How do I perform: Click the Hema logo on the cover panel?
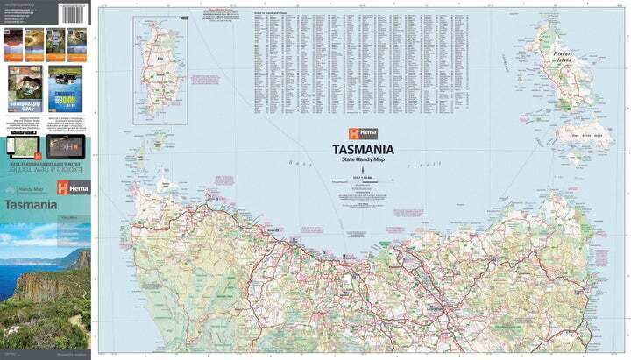[71, 189]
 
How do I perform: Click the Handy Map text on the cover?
[31, 189]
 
